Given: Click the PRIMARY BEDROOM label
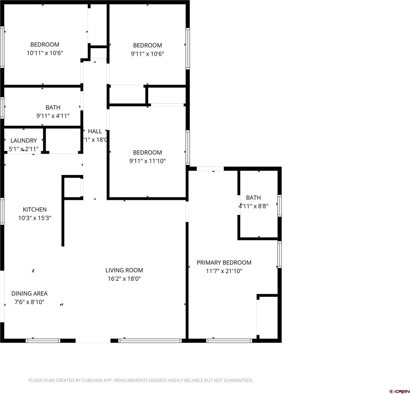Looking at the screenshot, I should click(224, 262).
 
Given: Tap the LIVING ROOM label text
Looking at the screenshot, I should click(124, 270).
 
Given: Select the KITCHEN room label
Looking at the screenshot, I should click(34, 209).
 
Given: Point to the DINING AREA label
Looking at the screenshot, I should click(29, 294).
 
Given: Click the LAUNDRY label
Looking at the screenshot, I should click(23, 141).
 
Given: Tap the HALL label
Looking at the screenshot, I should click(95, 131).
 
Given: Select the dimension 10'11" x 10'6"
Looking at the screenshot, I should click(45, 53).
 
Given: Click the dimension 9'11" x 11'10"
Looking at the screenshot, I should click(147, 161).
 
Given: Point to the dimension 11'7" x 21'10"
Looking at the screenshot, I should click(224, 271).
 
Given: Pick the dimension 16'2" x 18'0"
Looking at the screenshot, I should click(124, 279).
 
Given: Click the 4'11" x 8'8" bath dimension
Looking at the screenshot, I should click(253, 206).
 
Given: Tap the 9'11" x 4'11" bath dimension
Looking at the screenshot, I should click(53, 116).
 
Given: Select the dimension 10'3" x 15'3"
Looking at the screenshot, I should click(34, 218).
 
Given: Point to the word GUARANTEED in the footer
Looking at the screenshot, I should click(238, 381).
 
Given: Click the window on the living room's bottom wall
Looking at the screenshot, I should click(150, 341).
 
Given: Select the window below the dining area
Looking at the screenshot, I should click(43, 341).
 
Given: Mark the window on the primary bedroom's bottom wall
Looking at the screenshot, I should click(229, 341).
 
